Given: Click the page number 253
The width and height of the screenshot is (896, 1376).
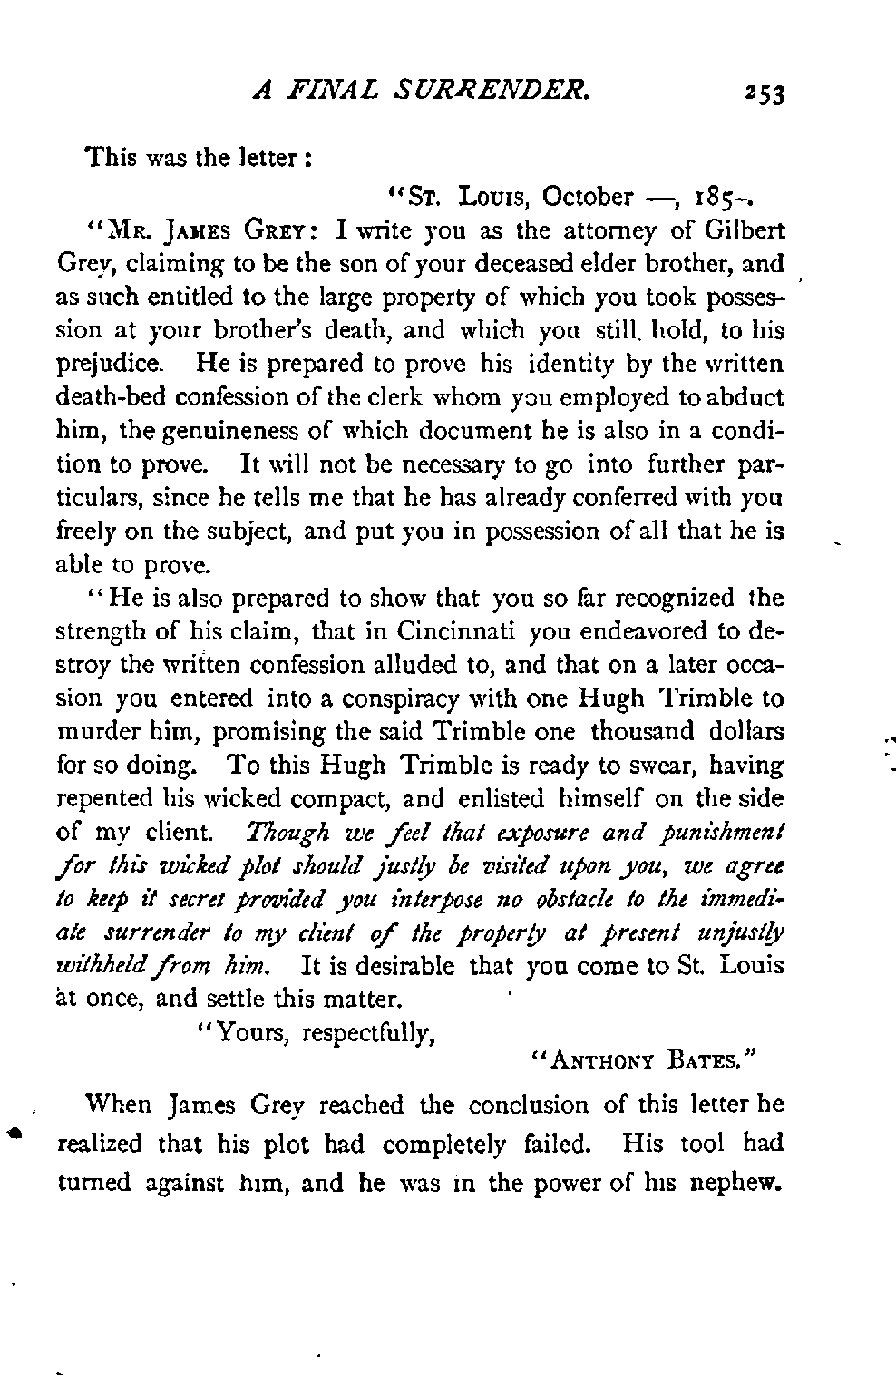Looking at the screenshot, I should click(x=765, y=93).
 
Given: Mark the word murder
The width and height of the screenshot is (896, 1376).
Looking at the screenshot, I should click(x=94, y=733).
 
